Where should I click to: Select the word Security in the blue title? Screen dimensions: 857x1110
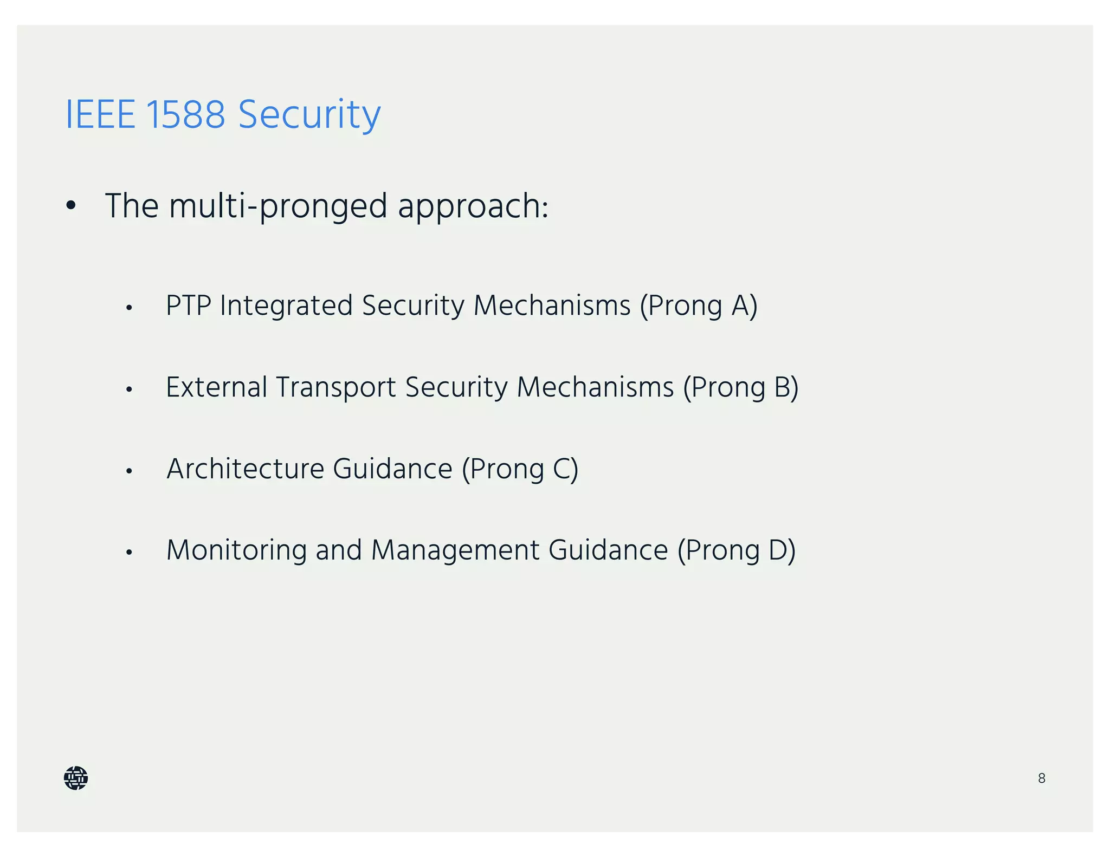pyautogui.click(x=309, y=115)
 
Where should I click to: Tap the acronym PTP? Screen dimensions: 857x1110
pyautogui.click(x=188, y=306)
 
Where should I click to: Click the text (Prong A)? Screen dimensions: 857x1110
pyautogui.click(x=698, y=306)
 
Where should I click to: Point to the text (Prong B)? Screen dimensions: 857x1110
pyautogui.click(x=740, y=388)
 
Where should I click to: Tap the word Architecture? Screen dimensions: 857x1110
pyautogui.click(x=245, y=469)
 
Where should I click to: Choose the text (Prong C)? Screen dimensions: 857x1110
pyautogui.click(x=520, y=469)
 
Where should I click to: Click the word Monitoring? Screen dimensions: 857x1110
pyautogui.click(x=236, y=550)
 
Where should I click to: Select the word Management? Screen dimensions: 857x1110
pyautogui.click(x=455, y=550)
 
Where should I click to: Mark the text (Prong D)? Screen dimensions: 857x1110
pyautogui.click(x=736, y=550)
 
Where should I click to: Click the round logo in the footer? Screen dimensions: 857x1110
pyautogui.click(x=76, y=778)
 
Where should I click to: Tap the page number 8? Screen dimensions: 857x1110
pyautogui.click(x=1041, y=778)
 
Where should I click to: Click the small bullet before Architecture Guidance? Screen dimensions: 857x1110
pyautogui.click(x=129, y=471)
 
